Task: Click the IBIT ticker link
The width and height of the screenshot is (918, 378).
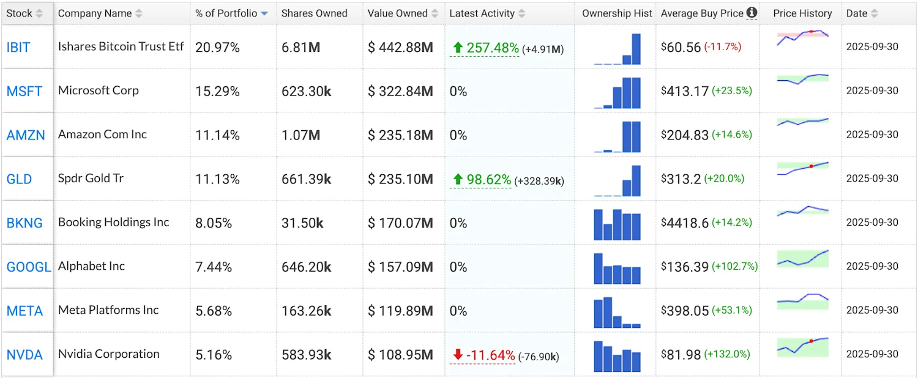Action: tap(18, 47)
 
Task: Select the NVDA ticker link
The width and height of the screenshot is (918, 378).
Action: tap(24, 355)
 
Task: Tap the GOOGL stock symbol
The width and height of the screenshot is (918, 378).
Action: tap(29, 267)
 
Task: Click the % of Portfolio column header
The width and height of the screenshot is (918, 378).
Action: tap(226, 13)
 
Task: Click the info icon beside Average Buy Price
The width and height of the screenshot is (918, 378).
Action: tap(752, 12)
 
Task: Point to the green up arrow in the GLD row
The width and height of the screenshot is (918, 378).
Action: tap(457, 179)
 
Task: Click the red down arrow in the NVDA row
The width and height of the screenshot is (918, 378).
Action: tap(457, 355)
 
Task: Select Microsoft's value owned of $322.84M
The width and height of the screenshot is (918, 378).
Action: tap(400, 91)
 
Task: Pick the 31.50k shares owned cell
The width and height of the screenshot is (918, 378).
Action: tap(302, 223)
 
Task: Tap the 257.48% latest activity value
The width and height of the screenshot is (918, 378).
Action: tap(492, 48)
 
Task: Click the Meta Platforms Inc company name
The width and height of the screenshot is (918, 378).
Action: tap(108, 310)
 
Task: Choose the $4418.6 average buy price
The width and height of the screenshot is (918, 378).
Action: tap(685, 223)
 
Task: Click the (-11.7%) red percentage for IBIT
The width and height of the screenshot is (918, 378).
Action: tap(722, 46)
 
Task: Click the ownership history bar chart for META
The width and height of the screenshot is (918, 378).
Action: tap(617, 313)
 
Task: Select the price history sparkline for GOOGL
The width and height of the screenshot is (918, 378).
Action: tap(802, 259)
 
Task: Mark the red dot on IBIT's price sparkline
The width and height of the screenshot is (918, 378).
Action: tap(811, 31)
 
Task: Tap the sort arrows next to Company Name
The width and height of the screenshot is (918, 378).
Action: tap(139, 13)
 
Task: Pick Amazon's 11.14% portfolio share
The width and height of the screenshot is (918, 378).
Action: tap(217, 135)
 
